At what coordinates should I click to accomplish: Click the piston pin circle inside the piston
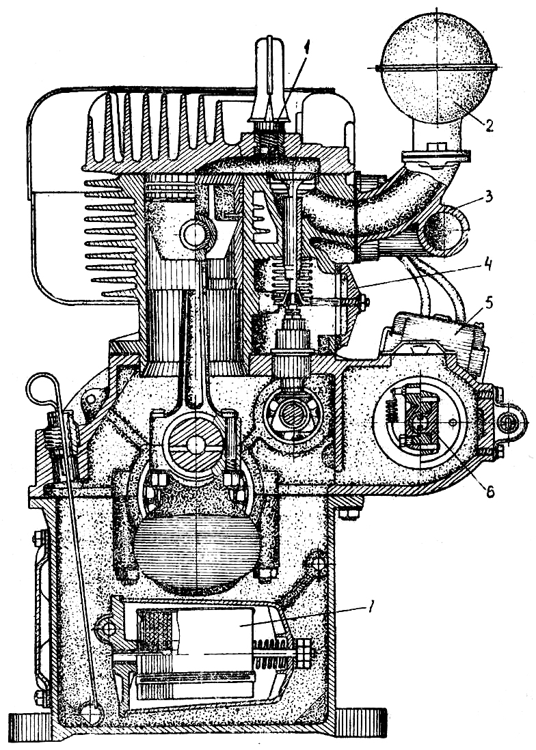tap(194, 234)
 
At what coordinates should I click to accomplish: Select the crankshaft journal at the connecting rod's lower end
tap(196, 443)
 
